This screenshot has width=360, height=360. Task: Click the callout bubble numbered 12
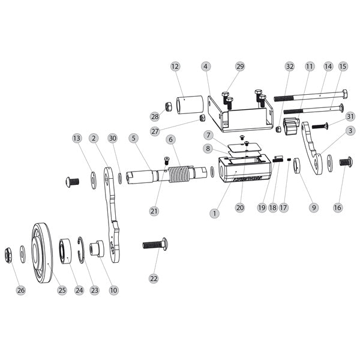point(175,67)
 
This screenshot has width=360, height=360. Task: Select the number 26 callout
point(22,290)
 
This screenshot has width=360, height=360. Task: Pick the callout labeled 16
point(338,208)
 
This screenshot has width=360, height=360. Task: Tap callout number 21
point(154,211)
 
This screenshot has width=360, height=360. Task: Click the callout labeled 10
point(113,290)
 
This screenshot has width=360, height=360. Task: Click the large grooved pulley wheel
point(43,252)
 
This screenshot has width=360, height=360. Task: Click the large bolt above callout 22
point(155,244)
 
